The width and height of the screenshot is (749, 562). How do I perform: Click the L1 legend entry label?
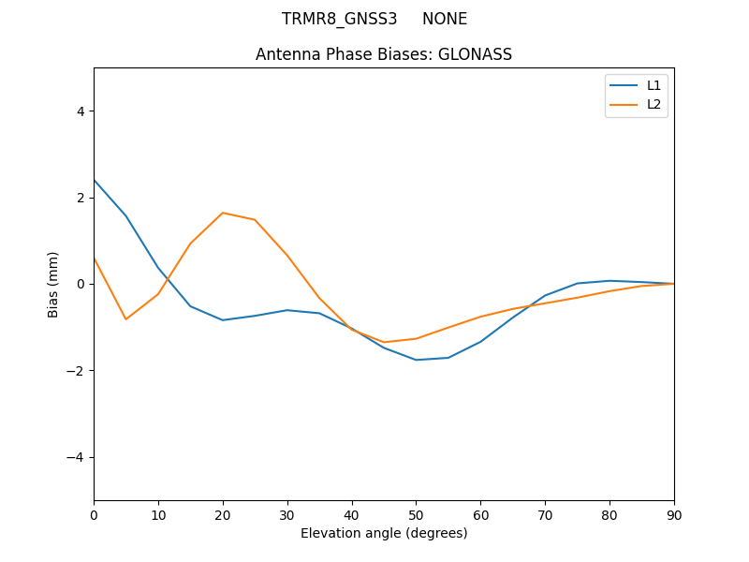(654, 85)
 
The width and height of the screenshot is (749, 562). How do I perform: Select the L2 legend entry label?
(654, 104)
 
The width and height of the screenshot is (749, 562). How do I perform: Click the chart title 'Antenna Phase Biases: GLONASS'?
(384, 54)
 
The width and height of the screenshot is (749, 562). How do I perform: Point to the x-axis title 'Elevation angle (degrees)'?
(384, 533)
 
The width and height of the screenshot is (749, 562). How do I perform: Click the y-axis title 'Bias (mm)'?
(53, 284)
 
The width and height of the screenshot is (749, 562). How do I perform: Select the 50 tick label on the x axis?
(416, 514)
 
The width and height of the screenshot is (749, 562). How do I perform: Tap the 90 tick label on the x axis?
(674, 514)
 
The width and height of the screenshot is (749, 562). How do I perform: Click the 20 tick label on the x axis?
(223, 514)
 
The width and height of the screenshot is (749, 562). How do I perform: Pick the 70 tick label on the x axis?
(545, 514)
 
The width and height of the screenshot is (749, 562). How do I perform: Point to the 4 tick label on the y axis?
(81, 111)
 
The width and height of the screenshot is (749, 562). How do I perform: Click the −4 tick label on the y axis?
(77, 457)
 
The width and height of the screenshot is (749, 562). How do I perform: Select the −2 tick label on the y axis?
(77, 371)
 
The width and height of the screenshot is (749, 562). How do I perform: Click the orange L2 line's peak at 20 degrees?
(223, 213)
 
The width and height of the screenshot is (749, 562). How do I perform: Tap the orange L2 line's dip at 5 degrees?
(125, 319)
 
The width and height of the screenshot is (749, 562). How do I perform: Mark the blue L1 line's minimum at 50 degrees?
(416, 360)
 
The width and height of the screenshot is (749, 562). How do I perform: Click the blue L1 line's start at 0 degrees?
(95, 180)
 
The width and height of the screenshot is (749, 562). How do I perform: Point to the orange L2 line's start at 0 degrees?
(95, 259)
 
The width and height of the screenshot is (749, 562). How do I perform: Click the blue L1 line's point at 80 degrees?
(609, 281)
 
